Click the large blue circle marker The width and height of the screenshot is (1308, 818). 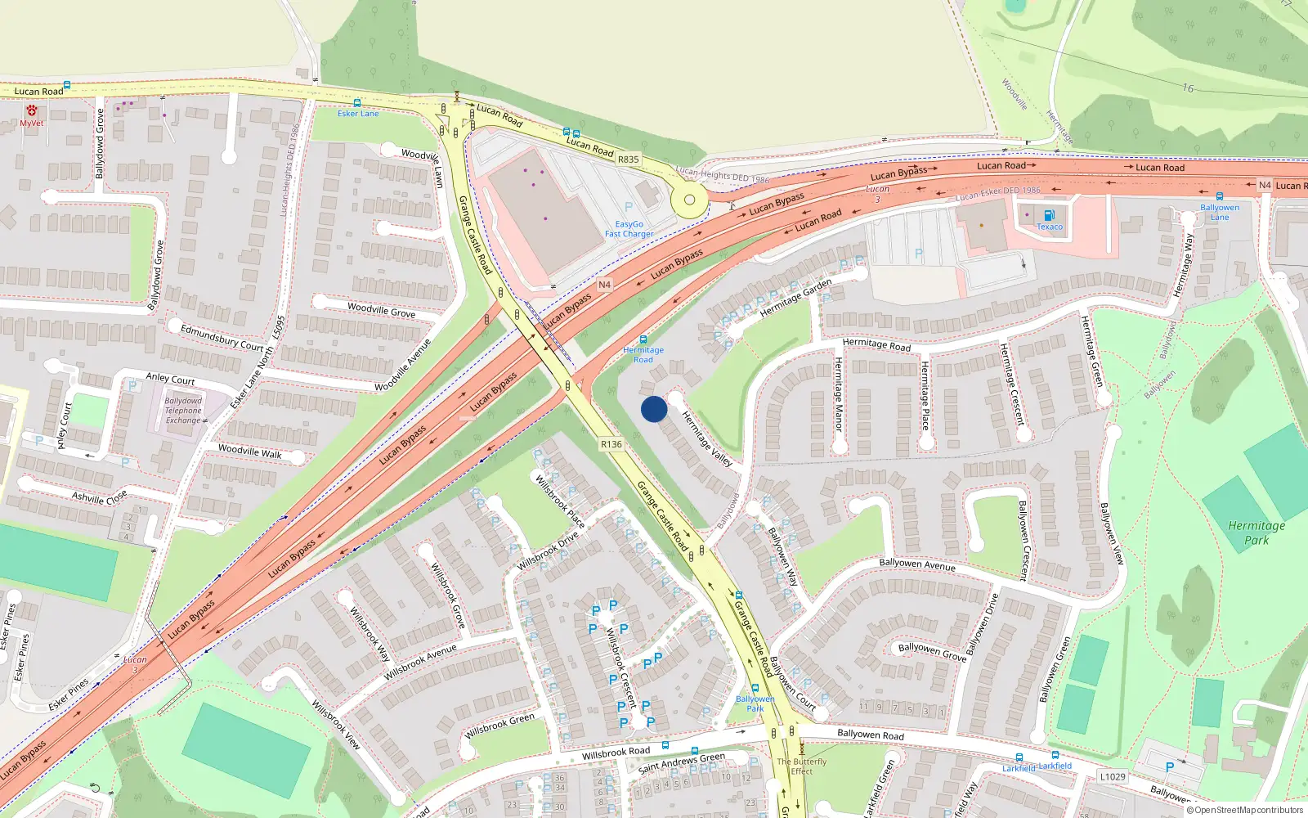click(x=654, y=409)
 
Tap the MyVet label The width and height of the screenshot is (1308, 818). click(x=31, y=124)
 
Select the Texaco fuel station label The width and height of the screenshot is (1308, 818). click(x=1050, y=227)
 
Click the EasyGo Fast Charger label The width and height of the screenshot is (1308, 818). click(x=629, y=229)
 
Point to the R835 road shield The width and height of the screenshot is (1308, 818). click(x=628, y=160)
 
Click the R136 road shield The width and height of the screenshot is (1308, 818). click(x=611, y=444)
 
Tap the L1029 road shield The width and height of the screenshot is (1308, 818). click(x=1113, y=776)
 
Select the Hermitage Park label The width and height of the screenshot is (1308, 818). click(x=1256, y=533)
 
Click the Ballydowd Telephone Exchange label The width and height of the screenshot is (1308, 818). click(x=183, y=411)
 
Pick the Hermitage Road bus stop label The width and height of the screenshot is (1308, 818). click(x=643, y=355)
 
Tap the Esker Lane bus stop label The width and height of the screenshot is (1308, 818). click(x=358, y=114)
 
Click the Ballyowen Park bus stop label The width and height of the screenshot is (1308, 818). click(x=755, y=703)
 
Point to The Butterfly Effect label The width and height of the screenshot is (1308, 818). click(x=802, y=766)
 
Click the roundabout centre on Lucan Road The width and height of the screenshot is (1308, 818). click(x=689, y=200)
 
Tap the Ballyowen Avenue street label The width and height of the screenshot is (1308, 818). click(x=916, y=564)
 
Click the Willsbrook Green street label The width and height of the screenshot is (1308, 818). click(x=499, y=725)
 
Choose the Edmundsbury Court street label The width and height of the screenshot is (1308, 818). click(x=222, y=337)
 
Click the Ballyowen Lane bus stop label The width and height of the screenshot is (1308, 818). click(x=1220, y=212)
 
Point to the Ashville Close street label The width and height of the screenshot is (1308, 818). click(x=99, y=497)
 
